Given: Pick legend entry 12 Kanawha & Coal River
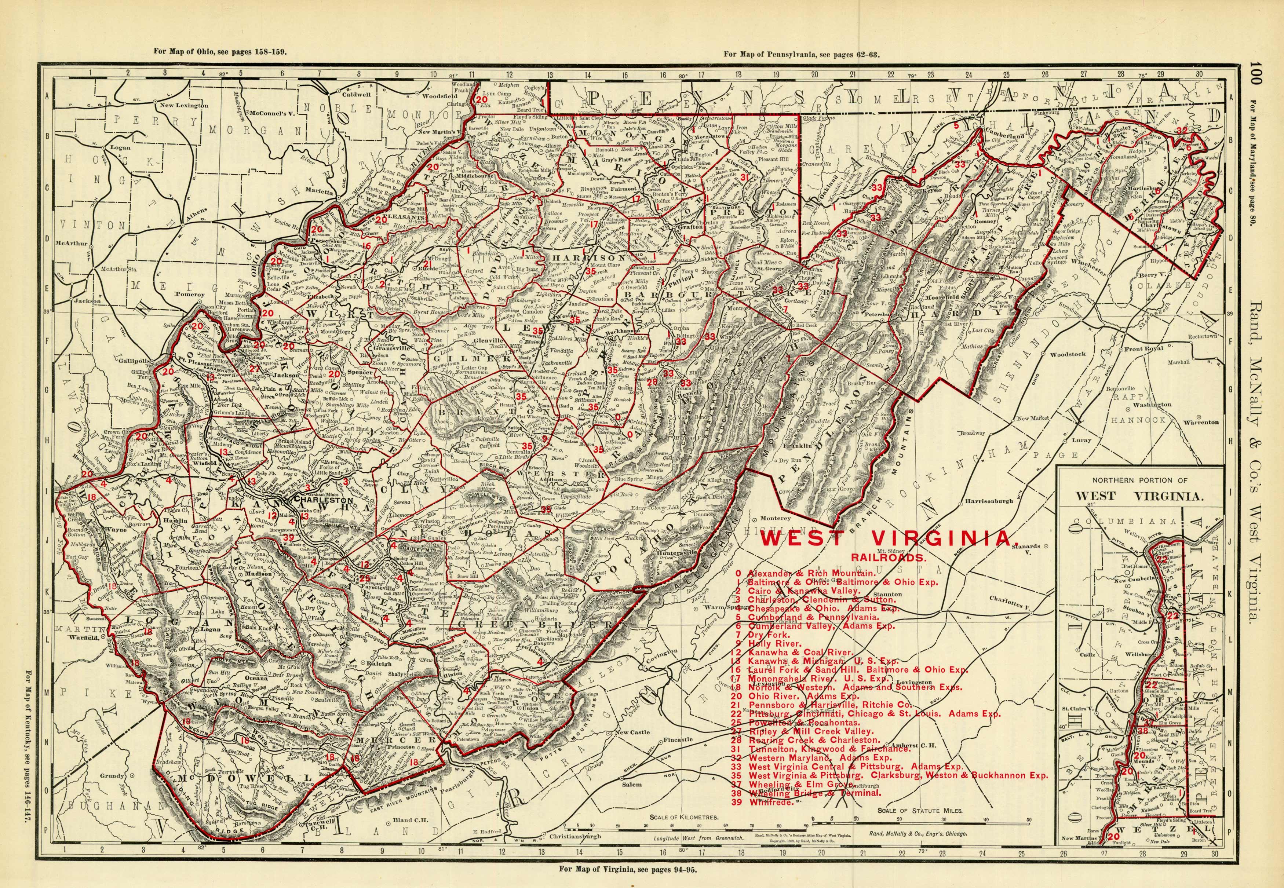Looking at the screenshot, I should [x=796, y=652].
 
